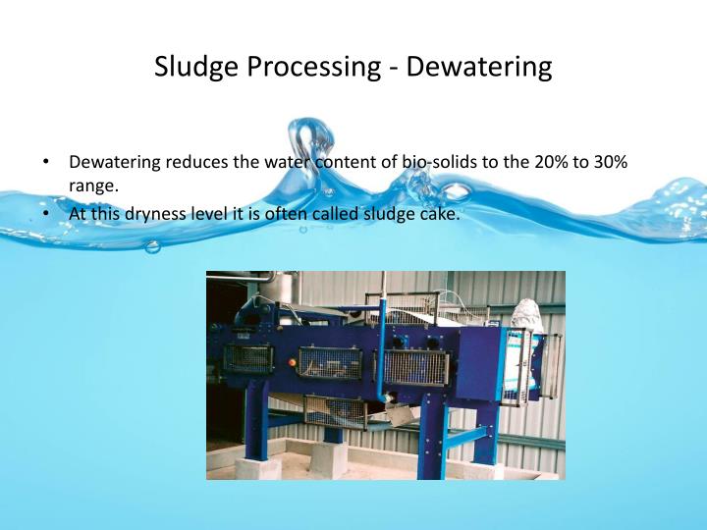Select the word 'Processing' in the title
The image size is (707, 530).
314,67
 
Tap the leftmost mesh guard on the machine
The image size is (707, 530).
248,357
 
